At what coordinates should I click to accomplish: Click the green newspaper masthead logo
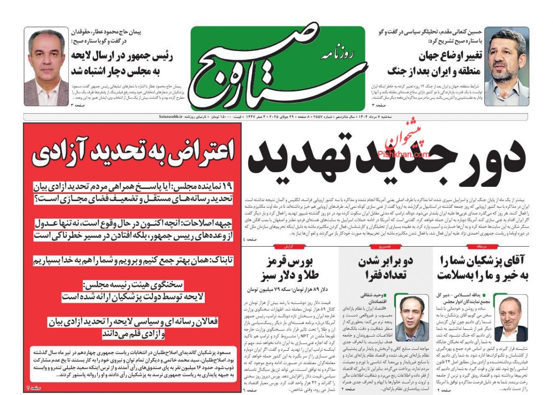278,68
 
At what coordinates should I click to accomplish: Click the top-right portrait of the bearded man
507,67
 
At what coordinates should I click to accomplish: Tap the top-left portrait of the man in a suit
46,67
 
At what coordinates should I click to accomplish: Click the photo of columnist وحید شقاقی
412,318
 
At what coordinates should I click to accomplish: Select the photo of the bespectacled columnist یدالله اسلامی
511,318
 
